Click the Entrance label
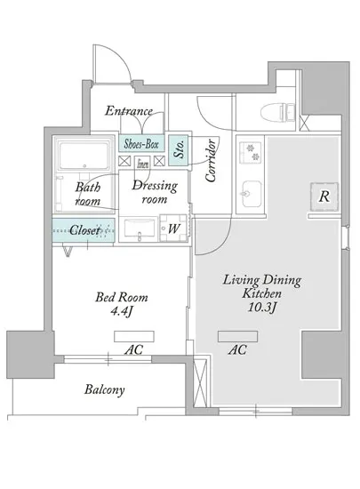pos(129,111)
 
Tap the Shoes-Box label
pos(141,144)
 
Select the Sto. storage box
pos(179,150)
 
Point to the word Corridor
pos(211,160)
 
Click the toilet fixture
pos(278,112)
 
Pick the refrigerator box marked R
pos(324,196)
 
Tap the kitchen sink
pos(252,194)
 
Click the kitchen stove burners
pos(251,152)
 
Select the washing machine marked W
pos(173,228)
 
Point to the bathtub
pos(84,156)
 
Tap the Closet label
pos(84,230)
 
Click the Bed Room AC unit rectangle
pos(134,336)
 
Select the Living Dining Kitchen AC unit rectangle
pos(238,336)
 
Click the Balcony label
pos(105,389)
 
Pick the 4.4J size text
pos(122,311)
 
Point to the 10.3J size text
pos(262,308)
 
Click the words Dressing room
pos(155,192)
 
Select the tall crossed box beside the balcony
pos(200,383)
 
